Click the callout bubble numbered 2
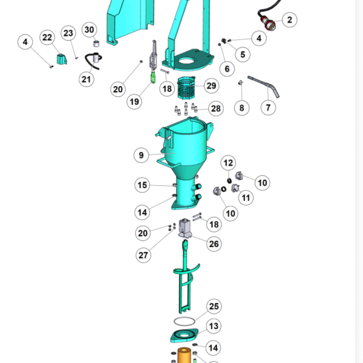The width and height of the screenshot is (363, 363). pos(290,20)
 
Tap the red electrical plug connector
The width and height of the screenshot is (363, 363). pos(268,23)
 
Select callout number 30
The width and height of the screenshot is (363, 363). pos(90,30)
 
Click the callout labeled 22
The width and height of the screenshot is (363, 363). pos(47,38)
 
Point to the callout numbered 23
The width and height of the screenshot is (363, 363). pos(68,33)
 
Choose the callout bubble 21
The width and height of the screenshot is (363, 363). pos(86,79)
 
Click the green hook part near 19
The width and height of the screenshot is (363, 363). pos(153,77)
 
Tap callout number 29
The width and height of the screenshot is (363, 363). pos(211,86)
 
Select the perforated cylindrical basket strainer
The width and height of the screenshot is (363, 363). pos(186,88)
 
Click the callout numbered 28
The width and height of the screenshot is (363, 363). pos(216,108)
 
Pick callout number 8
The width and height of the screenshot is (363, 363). pos(241,108)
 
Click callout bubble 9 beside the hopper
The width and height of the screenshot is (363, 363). pos(141,155)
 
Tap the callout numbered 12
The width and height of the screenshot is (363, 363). pos(228,163)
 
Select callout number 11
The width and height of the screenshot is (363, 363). pos(246,198)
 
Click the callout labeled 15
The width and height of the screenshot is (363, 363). pos(142,185)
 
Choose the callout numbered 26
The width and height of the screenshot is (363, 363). pos(214,244)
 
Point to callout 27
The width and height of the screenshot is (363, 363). pos(143,255)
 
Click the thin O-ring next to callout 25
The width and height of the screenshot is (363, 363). pos(185,318)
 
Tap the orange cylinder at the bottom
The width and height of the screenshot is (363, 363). pos(184,355)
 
